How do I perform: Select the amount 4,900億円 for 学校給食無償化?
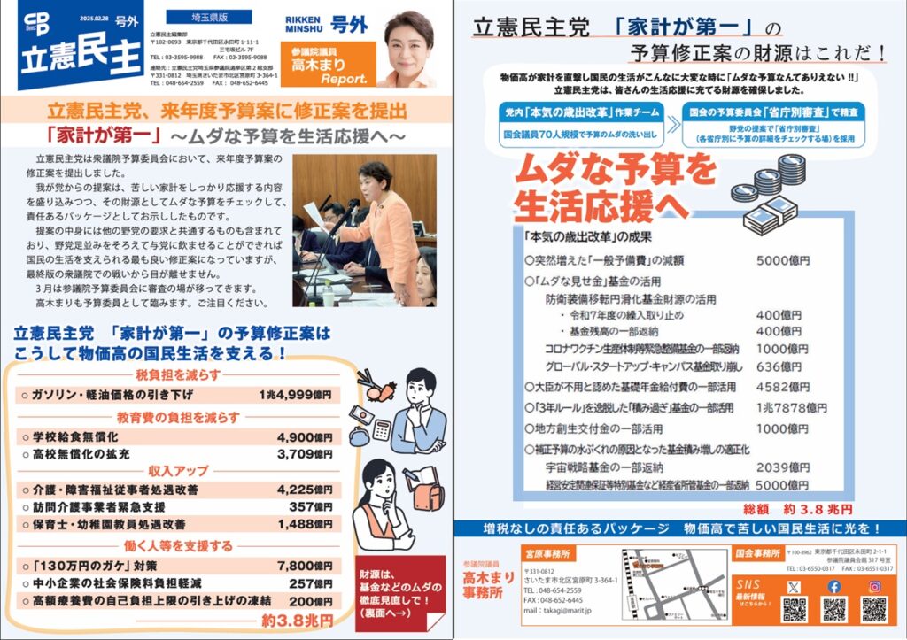(304, 437)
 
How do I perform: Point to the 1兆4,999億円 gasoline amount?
(296, 394)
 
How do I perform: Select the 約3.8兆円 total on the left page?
(303, 621)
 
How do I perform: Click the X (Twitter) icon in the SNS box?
(794, 586)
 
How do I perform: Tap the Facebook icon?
(833, 586)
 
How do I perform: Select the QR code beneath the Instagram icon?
(873, 609)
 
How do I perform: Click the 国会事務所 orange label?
(758, 553)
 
